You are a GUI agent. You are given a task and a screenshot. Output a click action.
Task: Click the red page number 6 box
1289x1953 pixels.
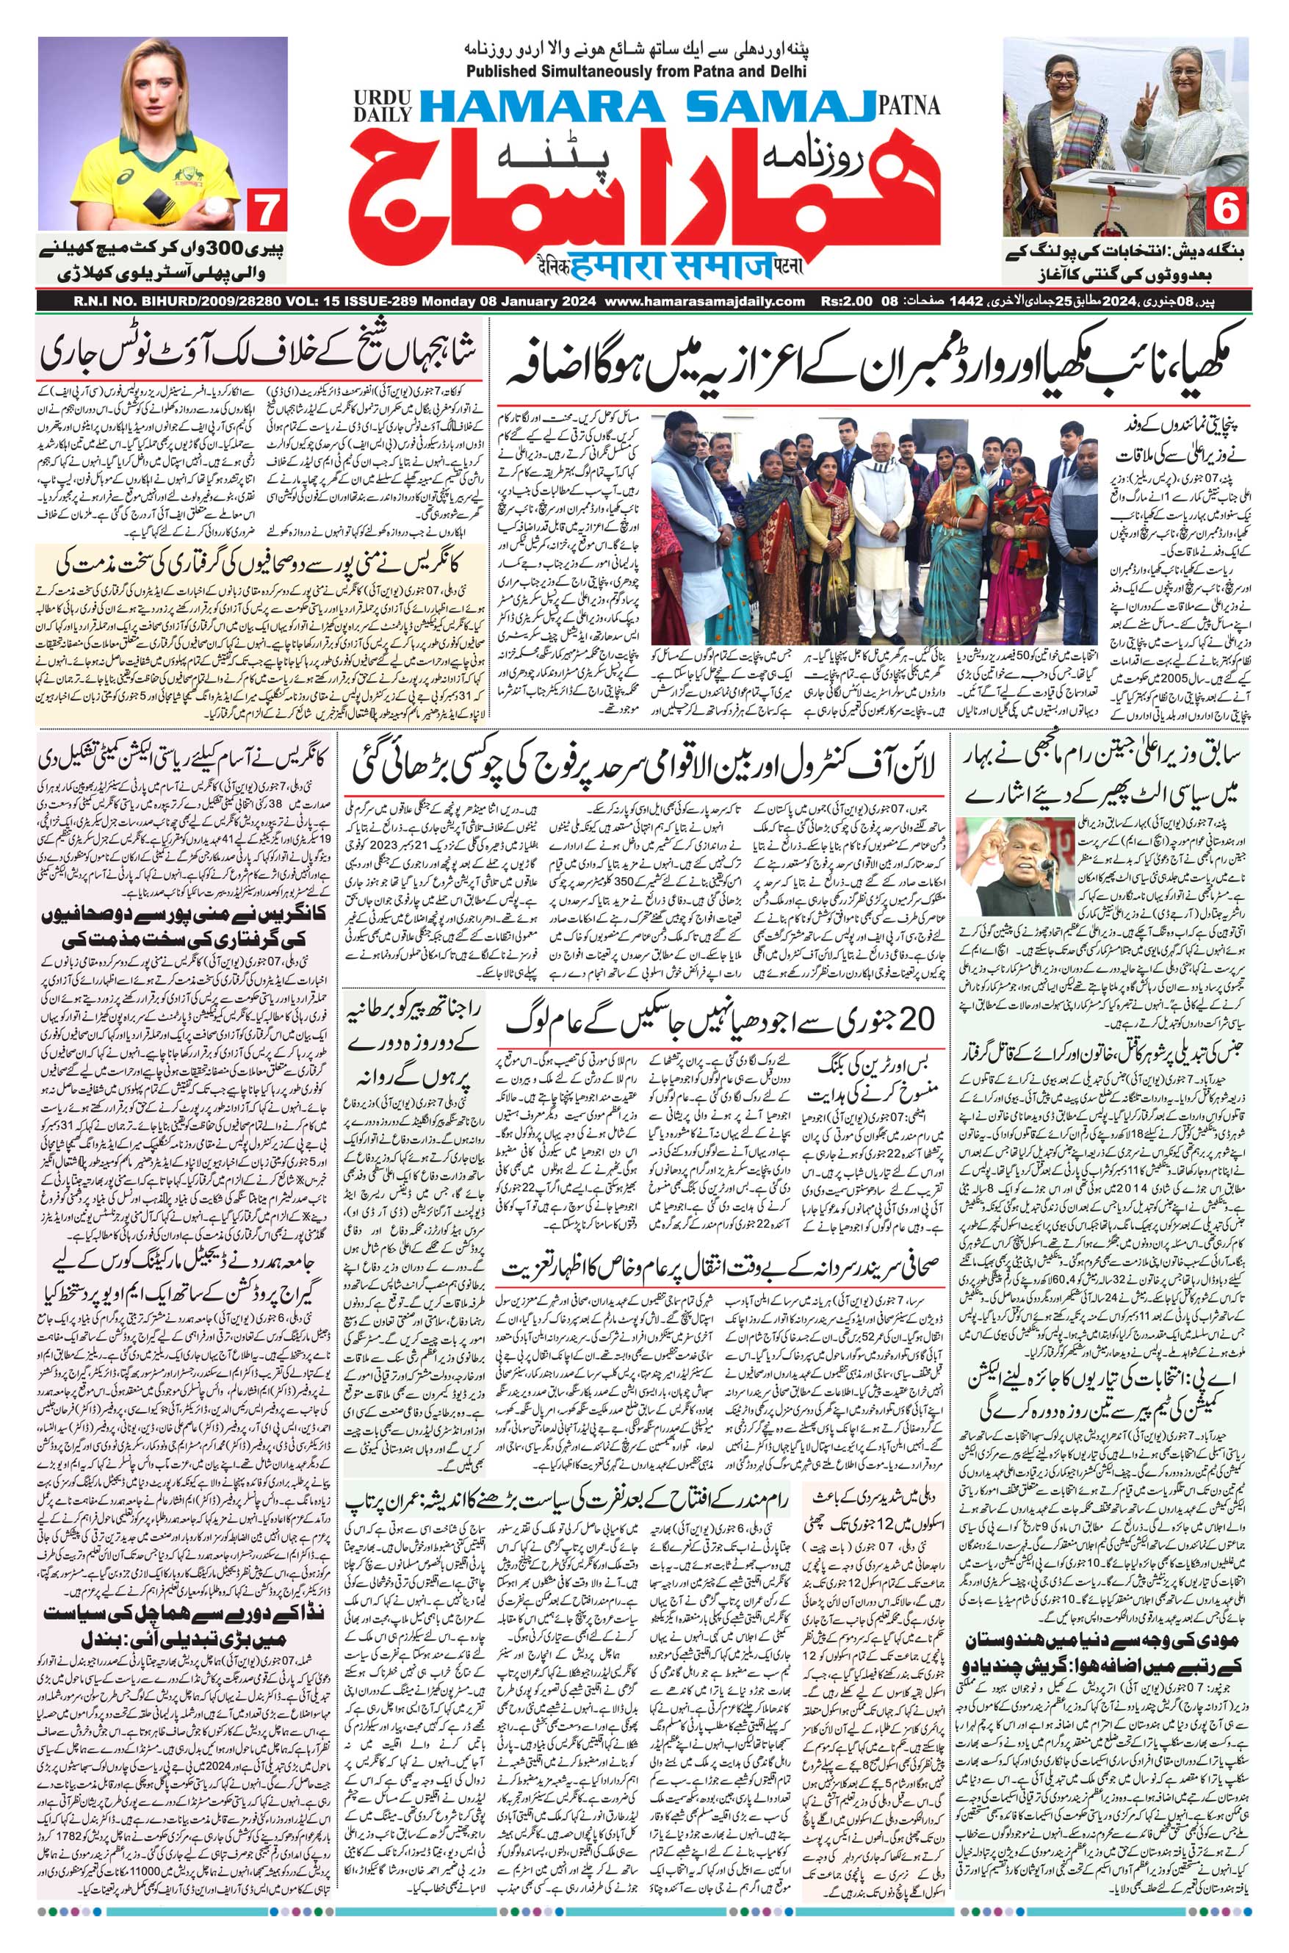1228,211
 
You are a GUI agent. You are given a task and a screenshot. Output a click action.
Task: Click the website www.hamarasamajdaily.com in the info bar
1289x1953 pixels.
708,303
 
